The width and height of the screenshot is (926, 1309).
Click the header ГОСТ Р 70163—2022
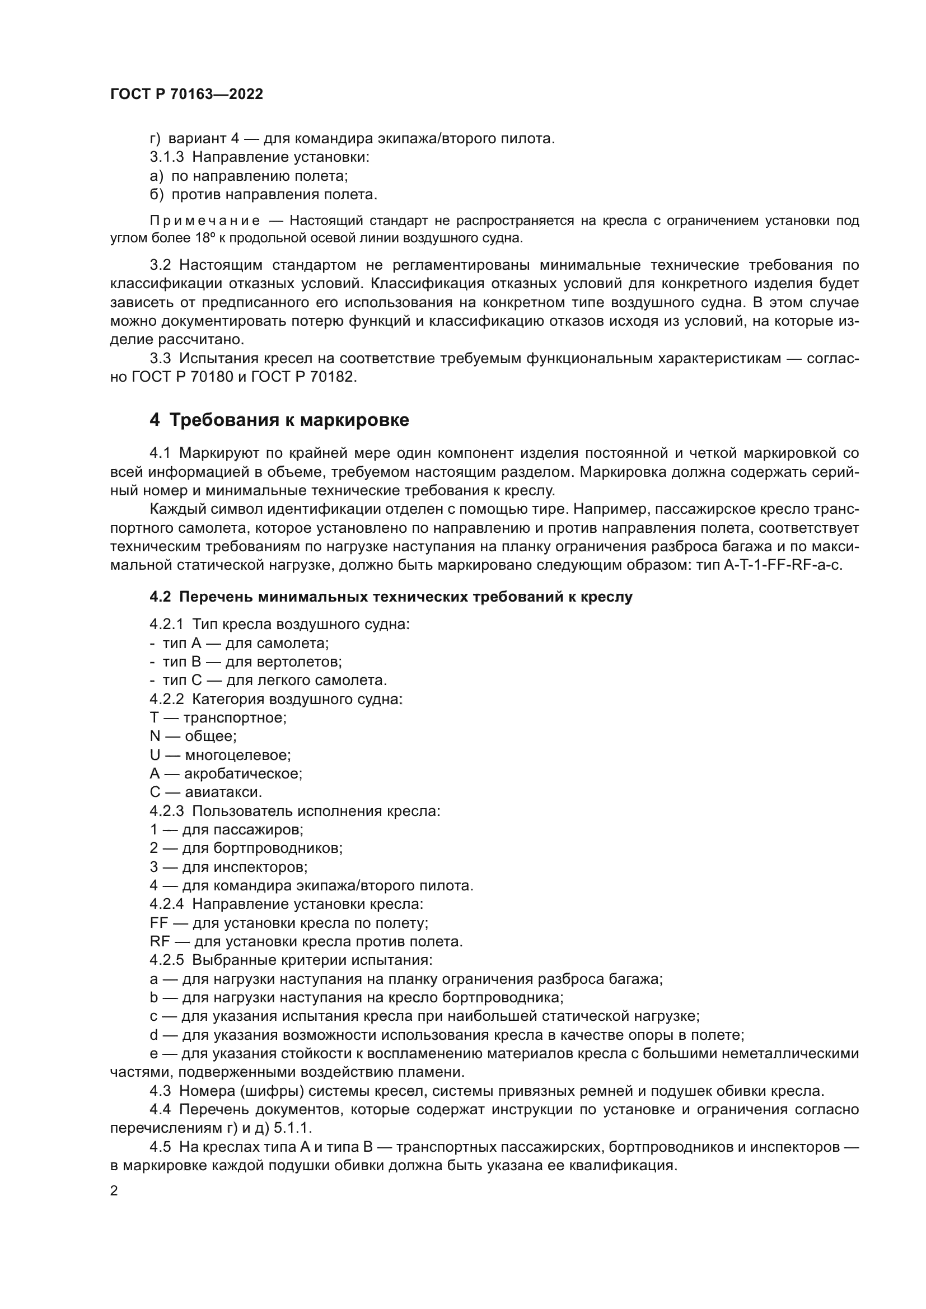[186, 95]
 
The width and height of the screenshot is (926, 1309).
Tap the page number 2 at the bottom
[114, 1191]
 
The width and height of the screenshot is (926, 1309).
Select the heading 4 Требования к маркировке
[279, 420]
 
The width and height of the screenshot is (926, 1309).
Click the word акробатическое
[243, 773]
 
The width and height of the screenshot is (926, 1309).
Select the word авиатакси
[223, 792]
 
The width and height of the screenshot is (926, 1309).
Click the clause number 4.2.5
[166, 960]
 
